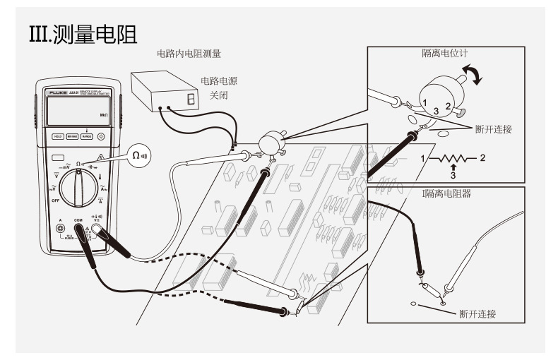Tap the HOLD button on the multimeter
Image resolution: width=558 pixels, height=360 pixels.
pos(59,137)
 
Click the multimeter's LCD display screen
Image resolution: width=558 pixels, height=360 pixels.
pos(76,110)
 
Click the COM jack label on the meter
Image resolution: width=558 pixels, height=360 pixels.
pos(78,220)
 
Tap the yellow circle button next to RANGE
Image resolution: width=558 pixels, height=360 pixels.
pos(101,137)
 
